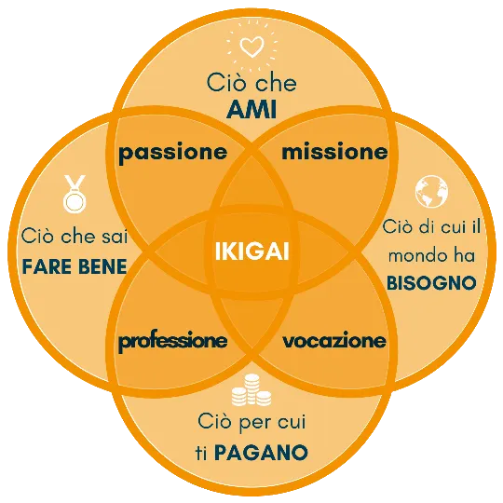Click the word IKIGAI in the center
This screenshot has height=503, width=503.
coord(252,251)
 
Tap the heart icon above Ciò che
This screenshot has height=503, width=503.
coord(252,48)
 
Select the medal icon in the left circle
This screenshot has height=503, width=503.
coord(75,194)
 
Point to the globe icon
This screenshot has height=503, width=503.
coord(431,192)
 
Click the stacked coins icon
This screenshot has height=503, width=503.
coord(251,389)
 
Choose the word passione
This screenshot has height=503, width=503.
coord(173,153)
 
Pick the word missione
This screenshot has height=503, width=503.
coord(334,152)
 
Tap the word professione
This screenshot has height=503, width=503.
coord(173,342)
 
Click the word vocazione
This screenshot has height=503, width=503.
coord(334,341)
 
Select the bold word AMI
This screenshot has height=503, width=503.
coord(251,110)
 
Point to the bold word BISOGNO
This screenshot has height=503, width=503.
coord(431,283)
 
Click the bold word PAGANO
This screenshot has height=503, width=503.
coord(261,453)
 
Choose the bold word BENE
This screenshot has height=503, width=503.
coord(102,266)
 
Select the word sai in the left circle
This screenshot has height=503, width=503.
coord(115,237)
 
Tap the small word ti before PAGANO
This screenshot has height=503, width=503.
coord(201,453)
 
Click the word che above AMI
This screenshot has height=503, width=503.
coord(276,83)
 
